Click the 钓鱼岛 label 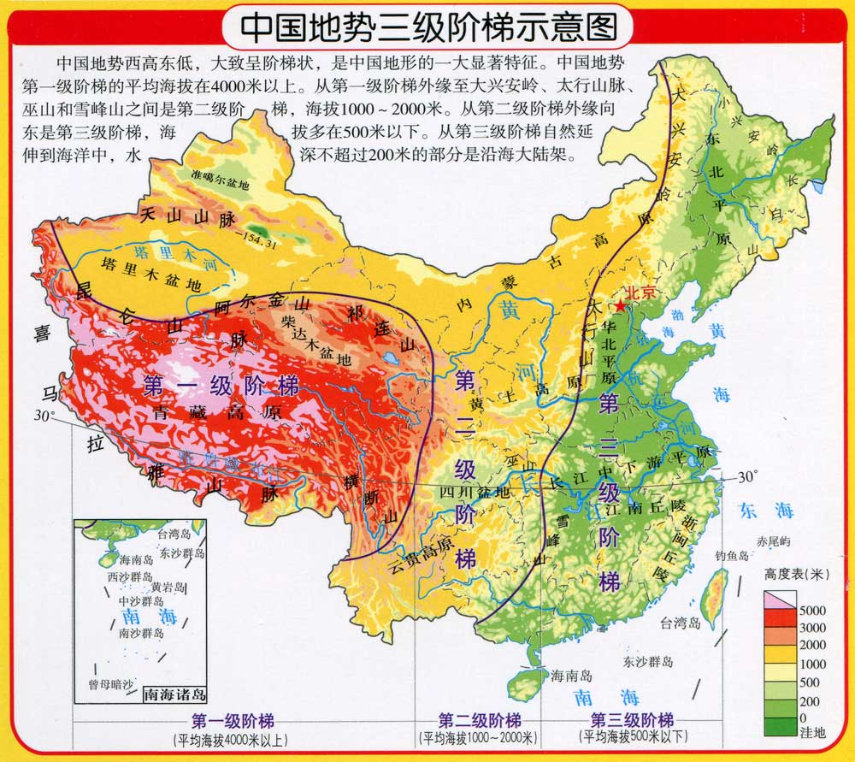[x=734, y=556]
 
